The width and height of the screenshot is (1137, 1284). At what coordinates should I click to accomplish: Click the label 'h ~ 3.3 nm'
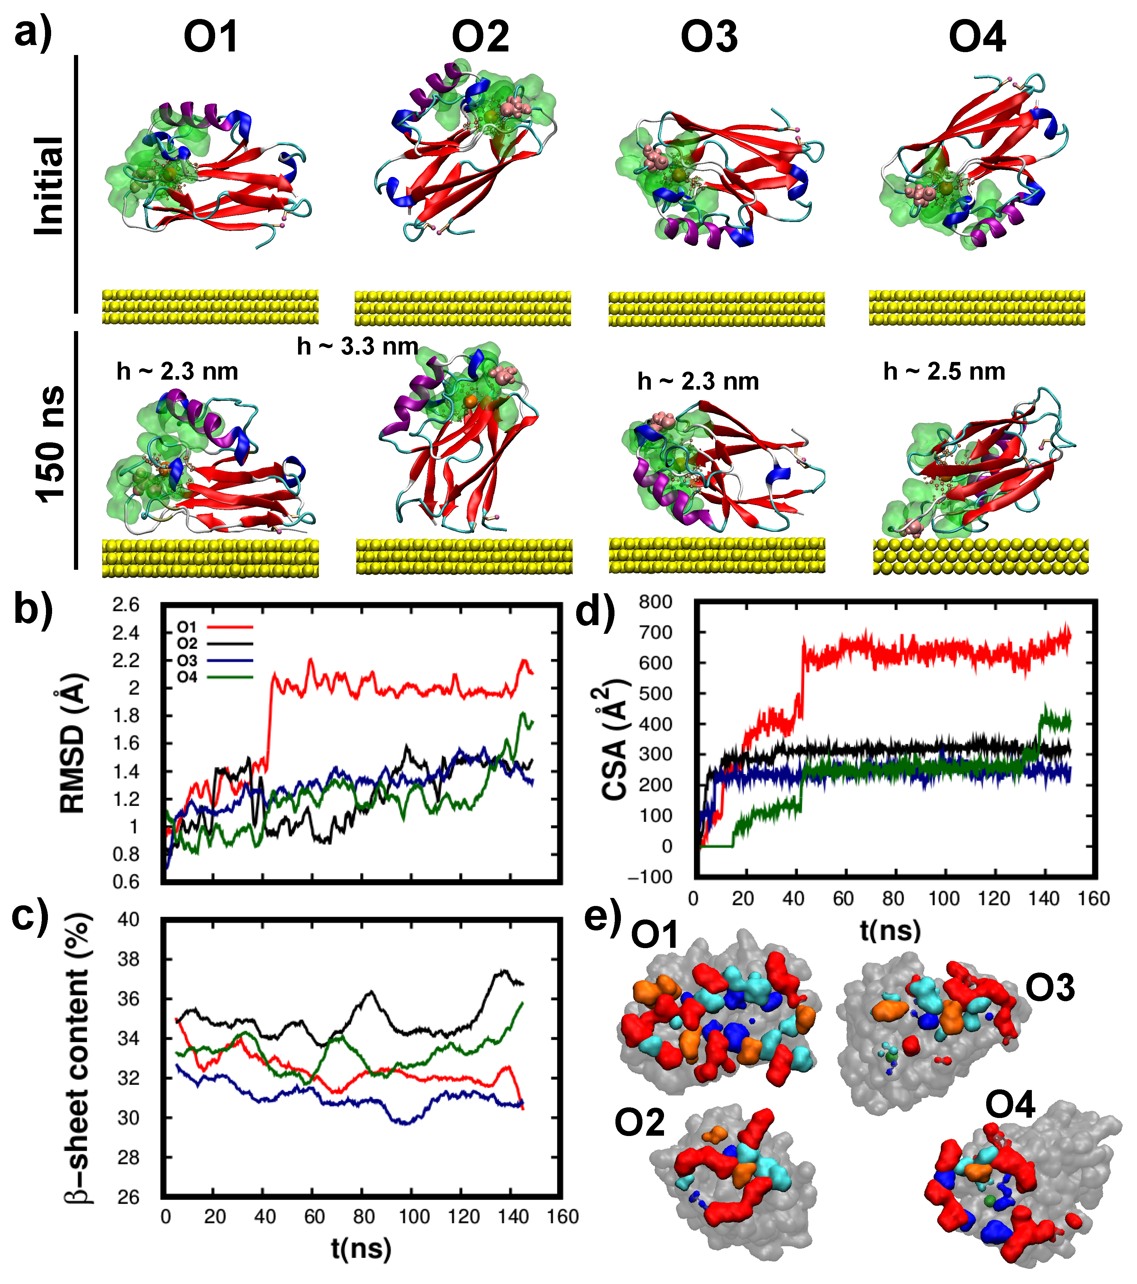(357, 346)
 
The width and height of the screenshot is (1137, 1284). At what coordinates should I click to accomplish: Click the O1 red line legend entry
(214, 627)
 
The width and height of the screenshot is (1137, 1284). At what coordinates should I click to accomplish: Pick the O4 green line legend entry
(214, 677)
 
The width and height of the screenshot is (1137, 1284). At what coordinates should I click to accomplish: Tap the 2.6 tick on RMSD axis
(126, 605)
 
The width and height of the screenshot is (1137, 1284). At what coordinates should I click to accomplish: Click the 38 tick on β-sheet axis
(129, 959)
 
